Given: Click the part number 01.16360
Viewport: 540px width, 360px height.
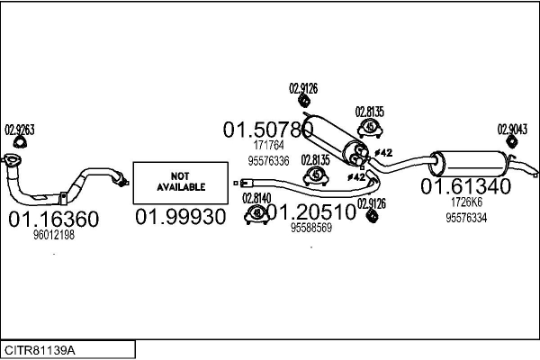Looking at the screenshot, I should (x=53, y=219).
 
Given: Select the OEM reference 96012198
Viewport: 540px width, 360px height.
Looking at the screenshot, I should (x=53, y=235).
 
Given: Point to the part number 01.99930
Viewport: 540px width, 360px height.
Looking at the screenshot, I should (x=180, y=219).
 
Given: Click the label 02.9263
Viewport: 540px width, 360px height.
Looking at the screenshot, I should (x=20, y=130).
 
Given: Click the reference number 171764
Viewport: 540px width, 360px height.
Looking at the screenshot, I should (x=268, y=146).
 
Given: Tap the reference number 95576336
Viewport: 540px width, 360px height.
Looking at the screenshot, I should (x=268, y=161).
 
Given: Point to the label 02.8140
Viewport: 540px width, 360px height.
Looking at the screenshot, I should (x=256, y=197).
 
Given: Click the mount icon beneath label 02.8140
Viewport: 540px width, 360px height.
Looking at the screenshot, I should (x=256, y=213).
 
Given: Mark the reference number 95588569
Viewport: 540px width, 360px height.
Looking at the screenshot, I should (x=311, y=229).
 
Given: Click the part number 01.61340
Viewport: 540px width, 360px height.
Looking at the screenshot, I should (x=466, y=187).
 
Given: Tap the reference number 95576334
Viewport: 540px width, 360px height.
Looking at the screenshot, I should (x=466, y=217).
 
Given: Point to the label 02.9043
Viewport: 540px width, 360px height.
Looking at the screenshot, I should (x=511, y=129).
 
